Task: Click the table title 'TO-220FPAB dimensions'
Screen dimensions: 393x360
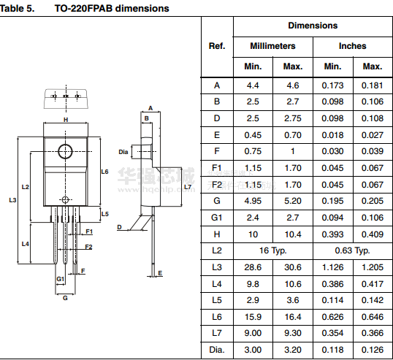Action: point(112,9)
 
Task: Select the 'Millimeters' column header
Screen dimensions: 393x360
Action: point(272,46)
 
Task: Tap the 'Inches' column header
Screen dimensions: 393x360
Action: point(352,46)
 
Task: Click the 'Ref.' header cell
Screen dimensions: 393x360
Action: point(217,46)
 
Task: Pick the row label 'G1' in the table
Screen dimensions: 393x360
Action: point(217,218)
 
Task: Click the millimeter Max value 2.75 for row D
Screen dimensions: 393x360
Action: point(293,118)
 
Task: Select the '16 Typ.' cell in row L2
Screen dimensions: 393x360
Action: point(272,250)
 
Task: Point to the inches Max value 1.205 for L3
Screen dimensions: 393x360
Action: point(373,267)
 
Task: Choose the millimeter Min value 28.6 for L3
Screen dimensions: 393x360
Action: point(253,267)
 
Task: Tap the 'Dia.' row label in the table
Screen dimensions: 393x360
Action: point(217,350)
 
